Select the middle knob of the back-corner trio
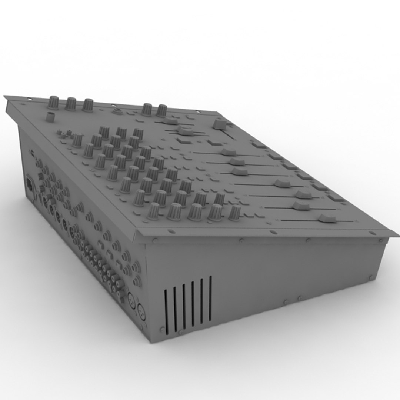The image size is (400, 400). [x=71, y=104]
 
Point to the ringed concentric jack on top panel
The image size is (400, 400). [x=118, y=110]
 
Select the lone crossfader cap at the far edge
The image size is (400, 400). [x=219, y=124]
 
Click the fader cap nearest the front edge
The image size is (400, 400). [x=327, y=218]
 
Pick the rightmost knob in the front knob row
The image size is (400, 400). [x=234, y=213]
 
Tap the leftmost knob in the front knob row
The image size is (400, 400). [x=153, y=211]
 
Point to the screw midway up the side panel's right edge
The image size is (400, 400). [x=371, y=277]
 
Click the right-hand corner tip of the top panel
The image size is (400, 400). [x=397, y=235]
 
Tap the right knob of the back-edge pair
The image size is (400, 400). [x=161, y=110]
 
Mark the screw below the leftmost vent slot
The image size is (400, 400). [x=162, y=329]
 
